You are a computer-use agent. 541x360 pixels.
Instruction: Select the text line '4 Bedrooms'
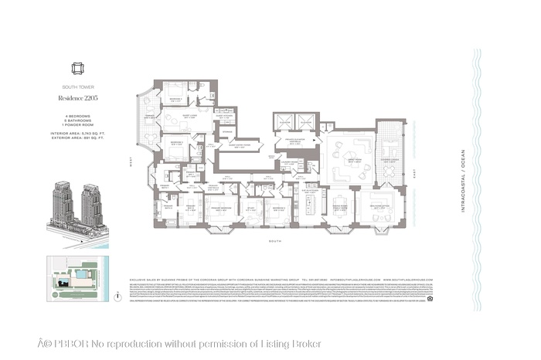(70, 115)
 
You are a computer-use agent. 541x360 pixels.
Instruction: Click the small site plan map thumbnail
(77, 275)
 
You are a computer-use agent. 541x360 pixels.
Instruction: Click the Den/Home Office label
(380, 206)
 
